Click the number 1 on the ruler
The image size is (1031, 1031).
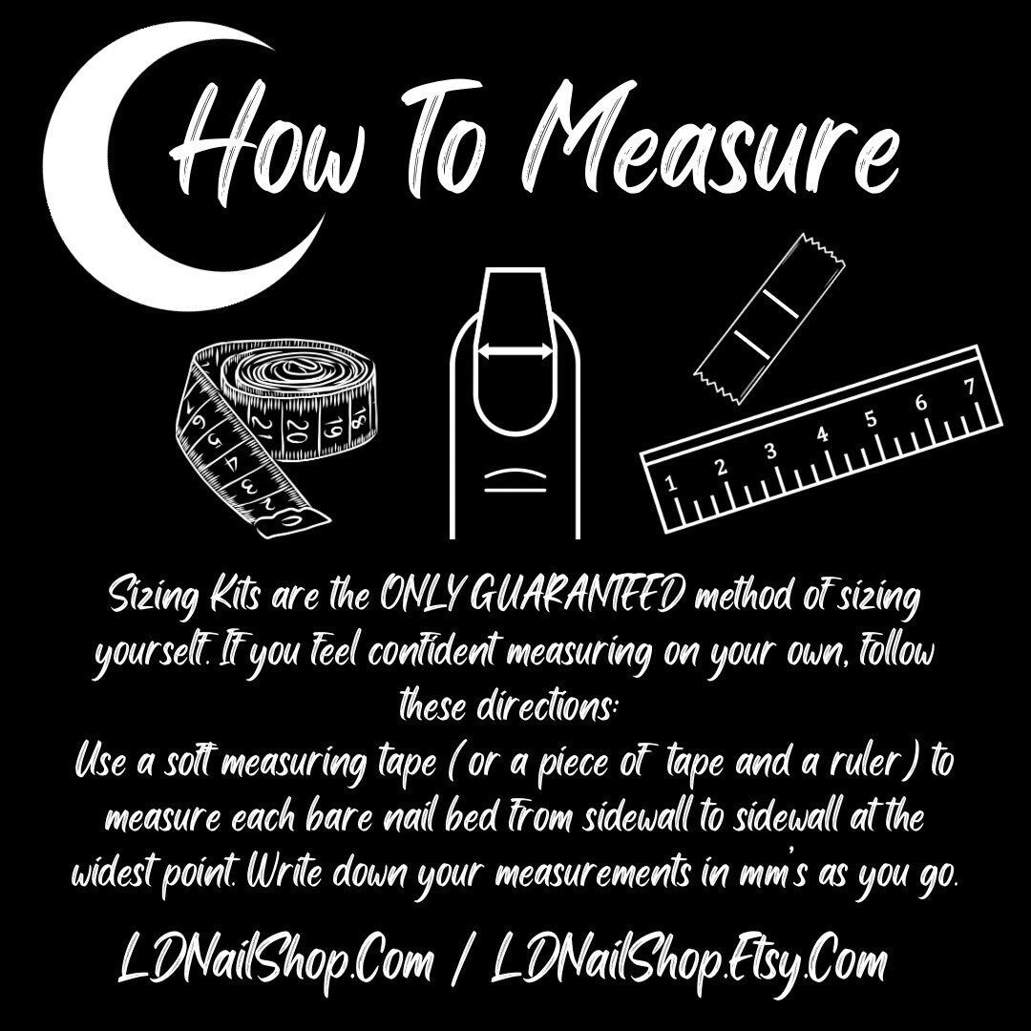pyautogui.click(x=670, y=484)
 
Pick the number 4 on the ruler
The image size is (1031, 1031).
pyautogui.click(x=823, y=435)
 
